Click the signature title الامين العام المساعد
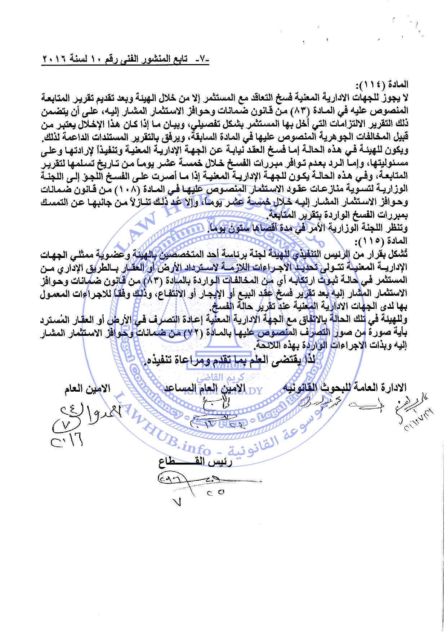coord(205,388)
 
